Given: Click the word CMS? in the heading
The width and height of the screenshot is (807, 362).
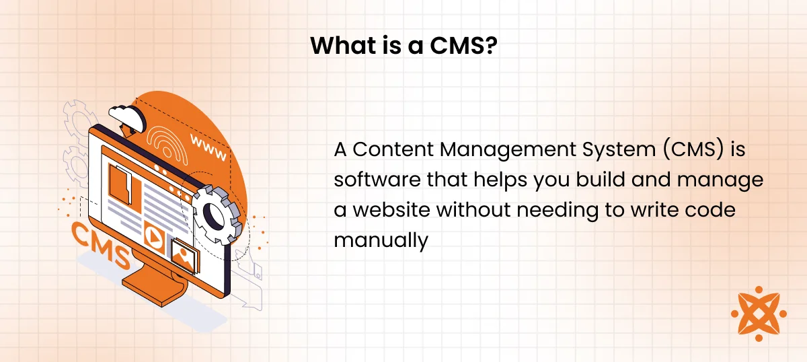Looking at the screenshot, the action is point(463,46).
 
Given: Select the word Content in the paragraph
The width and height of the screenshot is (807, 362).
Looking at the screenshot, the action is point(393,149).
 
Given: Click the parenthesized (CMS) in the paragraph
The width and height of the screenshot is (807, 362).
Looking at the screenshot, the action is point(693,150).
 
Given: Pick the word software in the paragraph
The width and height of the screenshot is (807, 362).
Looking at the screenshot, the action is point(377,179).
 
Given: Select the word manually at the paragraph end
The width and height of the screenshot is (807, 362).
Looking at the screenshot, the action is point(381,241).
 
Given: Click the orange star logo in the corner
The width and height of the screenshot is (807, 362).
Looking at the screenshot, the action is point(759,314).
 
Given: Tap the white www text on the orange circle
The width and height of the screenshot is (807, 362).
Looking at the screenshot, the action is point(208,148).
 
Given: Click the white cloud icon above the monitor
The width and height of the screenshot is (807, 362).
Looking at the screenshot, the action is point(127,117).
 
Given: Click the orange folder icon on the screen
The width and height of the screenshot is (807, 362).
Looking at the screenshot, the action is point(124,188).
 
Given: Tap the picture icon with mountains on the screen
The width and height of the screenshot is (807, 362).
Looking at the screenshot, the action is point(184,255).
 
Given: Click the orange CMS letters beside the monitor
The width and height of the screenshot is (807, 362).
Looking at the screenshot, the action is point(101,244).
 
